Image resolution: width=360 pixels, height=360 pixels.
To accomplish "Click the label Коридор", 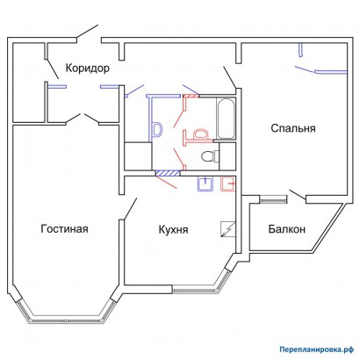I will [x=87, y=68].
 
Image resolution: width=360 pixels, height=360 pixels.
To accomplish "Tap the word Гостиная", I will [x=65, y=229].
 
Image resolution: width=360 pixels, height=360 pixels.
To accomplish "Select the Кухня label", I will [x=176, y=229].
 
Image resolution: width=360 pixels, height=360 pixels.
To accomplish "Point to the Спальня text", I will [x=292, y=128].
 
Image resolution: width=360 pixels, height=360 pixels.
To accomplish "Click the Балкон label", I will [x=285, y=229].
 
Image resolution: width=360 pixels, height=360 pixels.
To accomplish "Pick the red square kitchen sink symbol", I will [x=228, y=184].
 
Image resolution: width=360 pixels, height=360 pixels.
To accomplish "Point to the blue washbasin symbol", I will [x=158, y=130].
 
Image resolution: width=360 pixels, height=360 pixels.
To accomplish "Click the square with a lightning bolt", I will [x=228, y=228].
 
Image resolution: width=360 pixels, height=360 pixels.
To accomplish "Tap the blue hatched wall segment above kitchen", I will [x=163, y=173].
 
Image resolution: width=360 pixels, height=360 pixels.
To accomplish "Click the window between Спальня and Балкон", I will [x=273, y=196].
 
